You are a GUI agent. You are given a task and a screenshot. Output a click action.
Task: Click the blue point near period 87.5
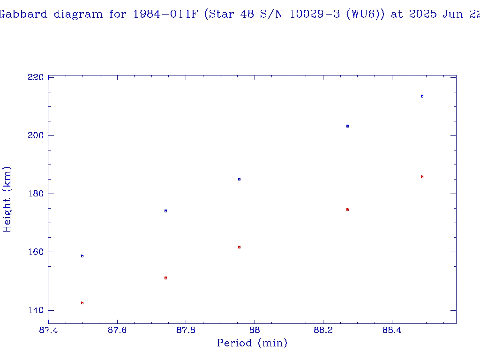82,256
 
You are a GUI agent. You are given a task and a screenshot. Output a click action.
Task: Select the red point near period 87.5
82,303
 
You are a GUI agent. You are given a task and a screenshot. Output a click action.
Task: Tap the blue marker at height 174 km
165,211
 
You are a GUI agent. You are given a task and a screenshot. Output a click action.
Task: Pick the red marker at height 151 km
165,278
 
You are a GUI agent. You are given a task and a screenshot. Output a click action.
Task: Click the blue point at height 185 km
239,179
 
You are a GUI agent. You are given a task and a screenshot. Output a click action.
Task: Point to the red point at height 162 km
239,247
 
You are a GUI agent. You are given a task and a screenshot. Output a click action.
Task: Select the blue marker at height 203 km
347,126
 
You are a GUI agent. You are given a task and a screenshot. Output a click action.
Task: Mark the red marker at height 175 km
347,210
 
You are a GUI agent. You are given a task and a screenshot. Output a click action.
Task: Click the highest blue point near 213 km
422,96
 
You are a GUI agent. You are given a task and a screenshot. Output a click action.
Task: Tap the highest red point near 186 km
422,177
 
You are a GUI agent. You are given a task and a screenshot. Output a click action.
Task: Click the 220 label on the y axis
36,77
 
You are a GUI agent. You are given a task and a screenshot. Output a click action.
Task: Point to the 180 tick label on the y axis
36,194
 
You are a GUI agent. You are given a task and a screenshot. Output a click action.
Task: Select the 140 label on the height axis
36,310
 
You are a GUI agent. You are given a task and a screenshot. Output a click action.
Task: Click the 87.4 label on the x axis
48,330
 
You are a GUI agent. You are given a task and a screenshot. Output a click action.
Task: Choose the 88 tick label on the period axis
255,330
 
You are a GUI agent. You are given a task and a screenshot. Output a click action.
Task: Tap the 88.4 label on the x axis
392,330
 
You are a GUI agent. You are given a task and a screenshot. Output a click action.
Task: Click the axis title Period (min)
252,343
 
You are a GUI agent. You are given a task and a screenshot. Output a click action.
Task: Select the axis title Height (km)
7,199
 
